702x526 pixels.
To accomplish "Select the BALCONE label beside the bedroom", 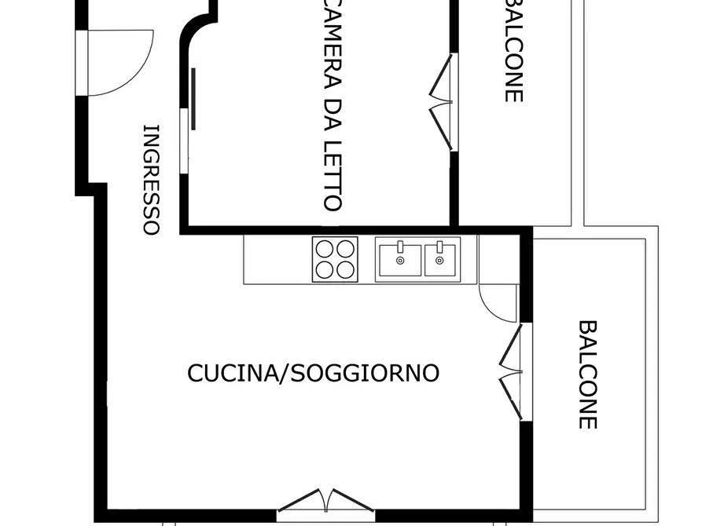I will tap(513, 51).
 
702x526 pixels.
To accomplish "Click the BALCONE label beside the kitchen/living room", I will tap(587, 374).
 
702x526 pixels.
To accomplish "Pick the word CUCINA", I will tap(229, 373).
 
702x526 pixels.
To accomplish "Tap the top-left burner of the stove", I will tap(325, 249).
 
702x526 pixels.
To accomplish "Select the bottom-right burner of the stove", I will tap(345, 269).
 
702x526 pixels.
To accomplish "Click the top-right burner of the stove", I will tap(345, 249).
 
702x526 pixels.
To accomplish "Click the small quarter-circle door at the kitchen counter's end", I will tap(497, 302).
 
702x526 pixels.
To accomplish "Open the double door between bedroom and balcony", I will tap(442, 101).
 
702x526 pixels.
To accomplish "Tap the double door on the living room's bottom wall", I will tap(326, 501).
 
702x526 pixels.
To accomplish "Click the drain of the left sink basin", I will tap(399, 261).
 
